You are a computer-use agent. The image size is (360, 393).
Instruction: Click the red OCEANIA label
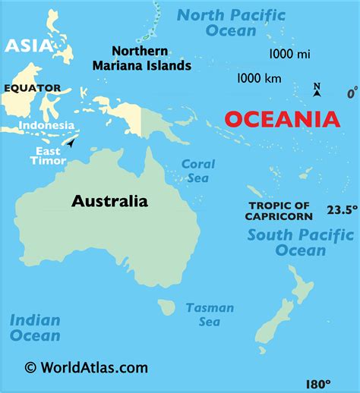[281, 119]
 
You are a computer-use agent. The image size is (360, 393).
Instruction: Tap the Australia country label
[109, 201]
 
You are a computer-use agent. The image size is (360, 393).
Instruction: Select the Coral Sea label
[198, 170]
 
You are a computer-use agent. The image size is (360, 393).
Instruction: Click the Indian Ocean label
[35, 327]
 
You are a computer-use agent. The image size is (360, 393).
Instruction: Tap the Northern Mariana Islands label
[151, 58]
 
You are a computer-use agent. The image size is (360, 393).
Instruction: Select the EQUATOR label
[32, 88]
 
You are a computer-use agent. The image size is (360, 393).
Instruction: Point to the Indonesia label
[46, 125]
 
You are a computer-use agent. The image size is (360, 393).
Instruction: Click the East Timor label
[47, 156]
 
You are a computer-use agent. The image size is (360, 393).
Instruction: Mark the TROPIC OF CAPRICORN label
[279, 211]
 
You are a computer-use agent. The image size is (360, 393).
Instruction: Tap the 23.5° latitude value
[342, 209]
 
